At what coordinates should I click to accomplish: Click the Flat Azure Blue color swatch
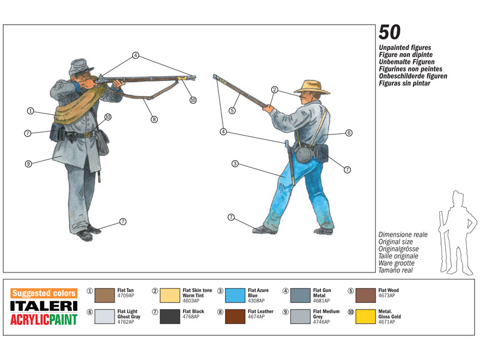tap(235, 295)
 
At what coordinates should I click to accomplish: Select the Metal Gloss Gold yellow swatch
tap(365, 317)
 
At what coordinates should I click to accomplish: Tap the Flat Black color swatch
tap(170, 317)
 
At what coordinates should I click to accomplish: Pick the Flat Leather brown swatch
tap(235, 317)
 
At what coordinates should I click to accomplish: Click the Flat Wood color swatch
tap(365, 295)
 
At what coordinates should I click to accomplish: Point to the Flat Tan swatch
tap(104, 295)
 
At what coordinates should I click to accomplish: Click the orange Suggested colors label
tap(44, 293)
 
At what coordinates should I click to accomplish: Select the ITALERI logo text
tap(44, 306)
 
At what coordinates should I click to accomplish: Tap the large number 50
tap(389, 32)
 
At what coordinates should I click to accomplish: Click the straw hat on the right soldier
tap(312, 87)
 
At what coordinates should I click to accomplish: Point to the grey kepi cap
tap(80, 67)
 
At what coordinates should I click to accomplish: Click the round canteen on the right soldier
tap(304, 154)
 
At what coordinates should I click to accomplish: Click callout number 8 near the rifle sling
tap(154, 119)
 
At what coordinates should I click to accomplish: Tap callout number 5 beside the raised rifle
tap(232, 110)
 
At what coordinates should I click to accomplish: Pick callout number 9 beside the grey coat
tap(28, 164)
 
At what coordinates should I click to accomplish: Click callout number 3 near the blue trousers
tap(235, 164)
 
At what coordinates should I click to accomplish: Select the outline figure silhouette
tap(458, 233)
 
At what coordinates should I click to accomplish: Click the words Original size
tap(395, 242)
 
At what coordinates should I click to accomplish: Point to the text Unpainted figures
tap(404, 47)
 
